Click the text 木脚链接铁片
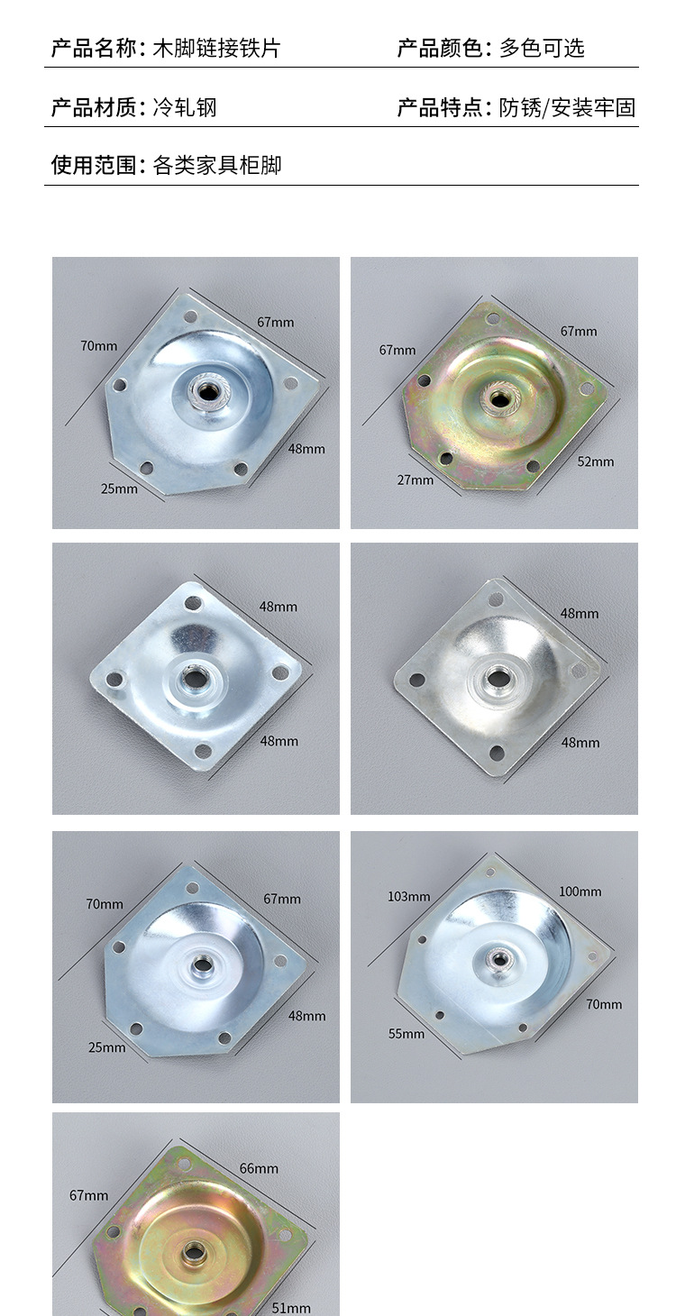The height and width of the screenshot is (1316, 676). point(216,48)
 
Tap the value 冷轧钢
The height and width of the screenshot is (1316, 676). point(185,107)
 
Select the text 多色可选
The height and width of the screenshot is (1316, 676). point(542,48)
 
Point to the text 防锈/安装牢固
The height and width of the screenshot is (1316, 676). point(567,107)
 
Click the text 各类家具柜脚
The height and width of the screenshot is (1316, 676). point(216,165)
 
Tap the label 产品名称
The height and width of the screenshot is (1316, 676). point(94,48)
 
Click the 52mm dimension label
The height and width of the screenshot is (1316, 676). point(596,462)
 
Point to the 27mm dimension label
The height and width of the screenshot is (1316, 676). point(416,480)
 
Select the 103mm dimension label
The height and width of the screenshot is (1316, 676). point(409,897)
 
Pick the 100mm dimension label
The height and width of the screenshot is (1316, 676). point(580,891)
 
